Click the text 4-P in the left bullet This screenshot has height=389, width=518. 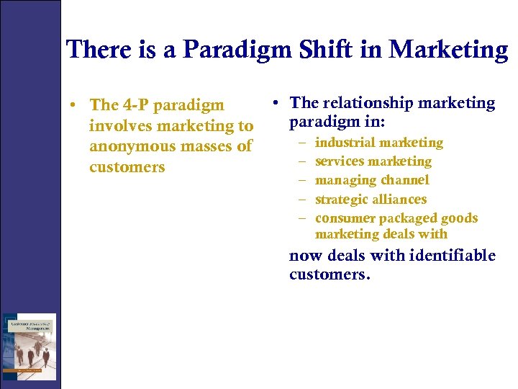[x=137, y=105]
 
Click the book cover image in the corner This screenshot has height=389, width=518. [x=29, y=346]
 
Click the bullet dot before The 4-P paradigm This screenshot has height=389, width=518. [x=74, y=106]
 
